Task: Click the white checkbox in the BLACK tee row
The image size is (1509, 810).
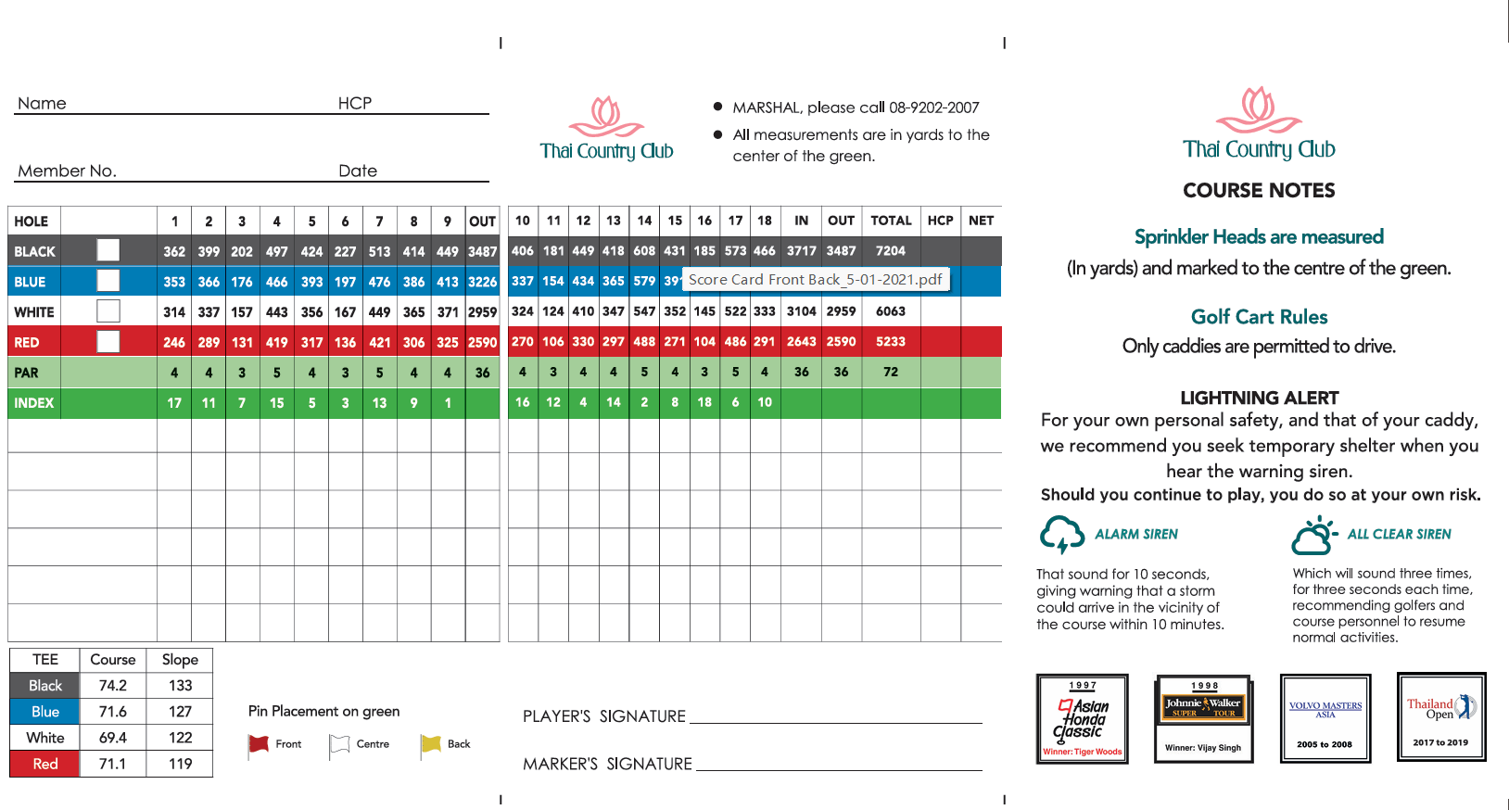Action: coord(108,250)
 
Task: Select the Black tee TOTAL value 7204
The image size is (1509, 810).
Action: coord(890,251)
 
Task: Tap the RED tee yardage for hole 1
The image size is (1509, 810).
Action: coord(174,342)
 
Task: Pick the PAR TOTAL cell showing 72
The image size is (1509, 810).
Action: coord(890,373)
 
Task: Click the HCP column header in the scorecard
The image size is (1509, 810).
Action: coord(940,221)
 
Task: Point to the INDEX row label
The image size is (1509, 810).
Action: coord(34,403)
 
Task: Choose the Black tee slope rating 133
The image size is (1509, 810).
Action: coord(180,686)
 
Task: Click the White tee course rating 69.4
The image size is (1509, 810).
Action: coord(113,738)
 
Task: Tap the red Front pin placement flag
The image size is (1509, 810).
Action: coord(259,744)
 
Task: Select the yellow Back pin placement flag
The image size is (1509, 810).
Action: coord(431,744)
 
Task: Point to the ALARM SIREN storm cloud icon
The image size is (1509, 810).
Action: coord(1061,535)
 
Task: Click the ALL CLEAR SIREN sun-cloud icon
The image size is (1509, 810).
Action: coord(1313,536)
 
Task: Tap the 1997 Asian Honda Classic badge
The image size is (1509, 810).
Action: coord(1082,719)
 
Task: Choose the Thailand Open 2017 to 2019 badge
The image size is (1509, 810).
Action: coord(1441,717)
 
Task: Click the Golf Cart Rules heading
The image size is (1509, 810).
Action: coord(1259,317)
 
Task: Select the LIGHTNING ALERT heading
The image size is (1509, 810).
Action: coord(1259,399)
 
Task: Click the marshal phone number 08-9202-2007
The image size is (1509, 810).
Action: coord(933,108)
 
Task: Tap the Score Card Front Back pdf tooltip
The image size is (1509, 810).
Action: coord(815,280)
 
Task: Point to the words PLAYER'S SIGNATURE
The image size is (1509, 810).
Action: coord(603,716)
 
